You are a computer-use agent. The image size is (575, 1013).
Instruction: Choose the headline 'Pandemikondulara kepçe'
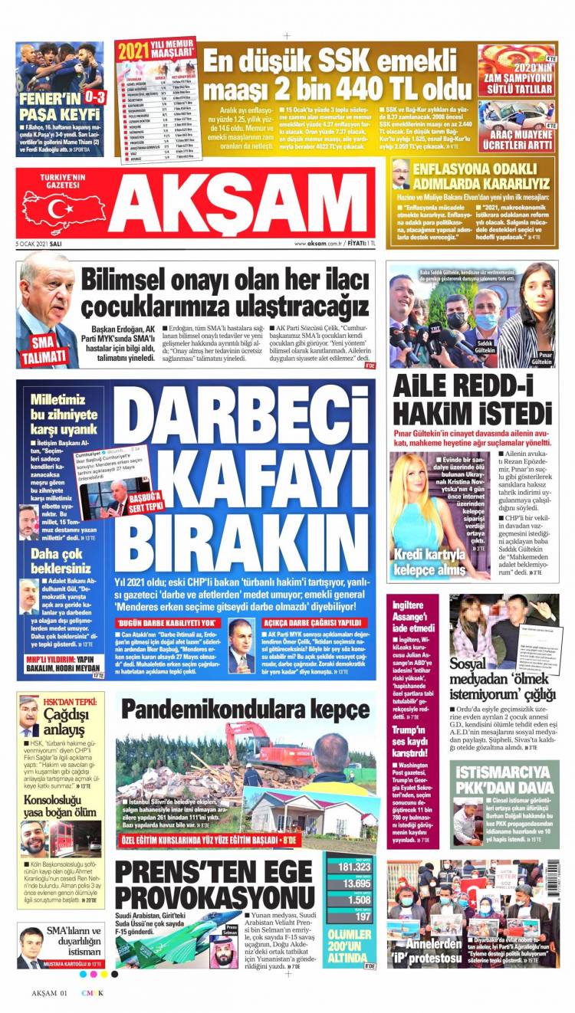(x=245, y=710)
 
